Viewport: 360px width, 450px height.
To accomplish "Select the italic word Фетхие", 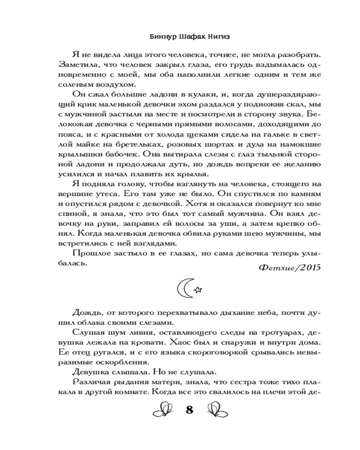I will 272,267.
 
